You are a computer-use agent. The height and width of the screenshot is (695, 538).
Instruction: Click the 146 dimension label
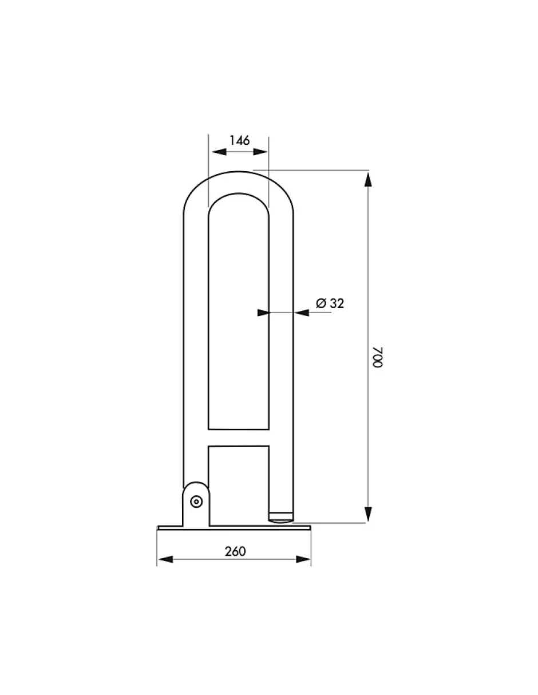click(239, 140)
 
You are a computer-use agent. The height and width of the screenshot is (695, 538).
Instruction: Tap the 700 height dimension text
click(377, 357)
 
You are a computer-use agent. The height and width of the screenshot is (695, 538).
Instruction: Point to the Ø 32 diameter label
click(330, 303)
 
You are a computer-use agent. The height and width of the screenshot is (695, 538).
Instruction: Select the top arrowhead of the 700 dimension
click(368, 179)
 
